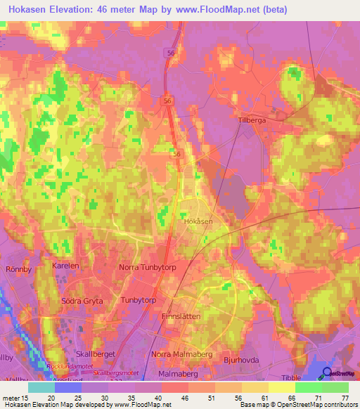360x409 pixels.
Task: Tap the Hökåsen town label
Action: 198,221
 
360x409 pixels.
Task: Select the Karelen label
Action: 66,266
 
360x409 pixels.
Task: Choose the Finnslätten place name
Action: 181,316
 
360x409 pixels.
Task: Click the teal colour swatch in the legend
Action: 41,387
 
